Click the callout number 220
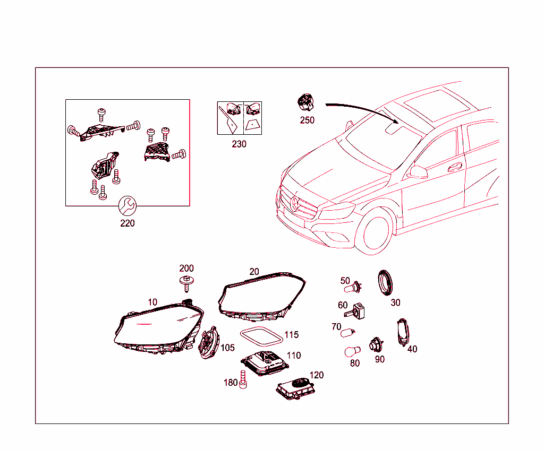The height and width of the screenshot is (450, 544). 127,223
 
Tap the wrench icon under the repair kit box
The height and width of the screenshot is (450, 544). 127,206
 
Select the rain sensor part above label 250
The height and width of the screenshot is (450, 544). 305,103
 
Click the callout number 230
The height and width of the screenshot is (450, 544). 239,144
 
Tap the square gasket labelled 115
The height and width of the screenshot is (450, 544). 261,336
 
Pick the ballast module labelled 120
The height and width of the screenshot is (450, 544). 295,388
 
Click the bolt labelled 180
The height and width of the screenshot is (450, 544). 243,379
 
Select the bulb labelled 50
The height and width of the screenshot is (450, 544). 353,288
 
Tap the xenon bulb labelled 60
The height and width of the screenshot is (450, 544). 355,311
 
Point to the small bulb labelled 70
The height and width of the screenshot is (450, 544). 347,333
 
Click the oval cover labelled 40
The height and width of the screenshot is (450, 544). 403,332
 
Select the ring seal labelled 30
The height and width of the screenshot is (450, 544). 385,282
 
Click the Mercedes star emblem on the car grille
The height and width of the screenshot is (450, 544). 294,203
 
